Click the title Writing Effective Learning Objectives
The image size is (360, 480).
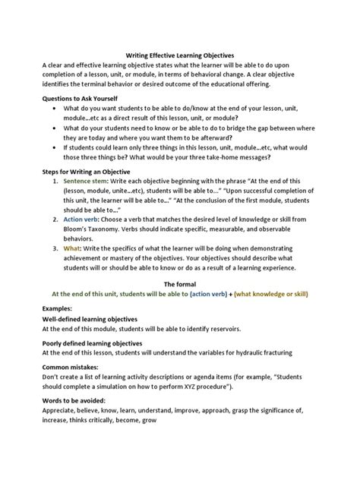pos(179,55)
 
